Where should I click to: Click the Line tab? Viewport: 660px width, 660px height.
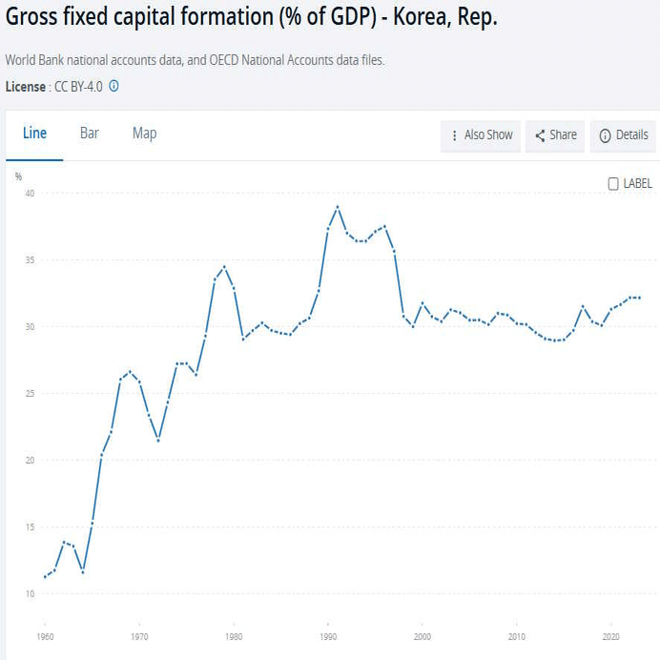[x=34, y=134]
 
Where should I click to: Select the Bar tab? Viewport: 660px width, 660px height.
[x=90, y=134]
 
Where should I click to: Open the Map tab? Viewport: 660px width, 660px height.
[x=145, y=134]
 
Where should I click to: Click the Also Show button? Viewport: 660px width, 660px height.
[x=482, y=135]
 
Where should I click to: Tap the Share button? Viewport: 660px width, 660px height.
[x=555, y=135]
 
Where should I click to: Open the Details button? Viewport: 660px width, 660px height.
[x=624, y=135]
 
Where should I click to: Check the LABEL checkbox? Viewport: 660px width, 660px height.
[x=613, y=184]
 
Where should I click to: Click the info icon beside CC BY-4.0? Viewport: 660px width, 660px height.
[x=113, y=86]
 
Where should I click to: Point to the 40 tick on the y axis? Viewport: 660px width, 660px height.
[x=30, y=194]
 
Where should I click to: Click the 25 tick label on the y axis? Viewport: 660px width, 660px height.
[x=30, y=394]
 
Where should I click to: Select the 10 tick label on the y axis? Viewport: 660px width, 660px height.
[x=30, y=594]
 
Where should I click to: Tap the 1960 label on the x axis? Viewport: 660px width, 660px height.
[x=45, y=636]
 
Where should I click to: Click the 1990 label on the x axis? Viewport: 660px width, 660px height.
[x=328, y=636]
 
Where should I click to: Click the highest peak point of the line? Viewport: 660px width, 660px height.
[x=338, y=207]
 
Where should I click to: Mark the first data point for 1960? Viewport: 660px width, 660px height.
[x=45, y=577]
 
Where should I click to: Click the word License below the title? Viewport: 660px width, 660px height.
[x=25, y=86]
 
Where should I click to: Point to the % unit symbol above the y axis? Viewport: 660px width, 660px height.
[x=18, y=176]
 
